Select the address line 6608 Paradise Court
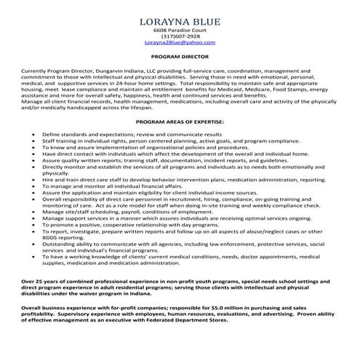(180, 30)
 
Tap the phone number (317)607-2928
(180, 36)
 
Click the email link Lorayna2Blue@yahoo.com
(180, 43)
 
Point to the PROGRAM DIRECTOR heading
(180, 55)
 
